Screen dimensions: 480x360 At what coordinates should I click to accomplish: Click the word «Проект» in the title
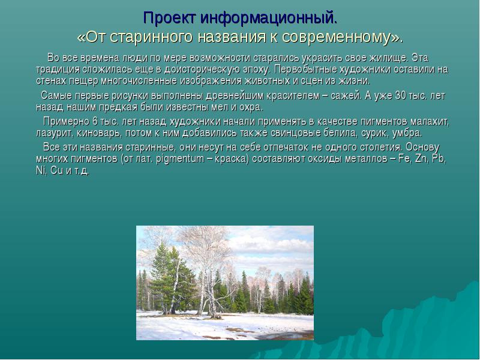tap(169, 18)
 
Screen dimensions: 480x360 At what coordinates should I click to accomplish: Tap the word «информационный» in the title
tap(266, 19)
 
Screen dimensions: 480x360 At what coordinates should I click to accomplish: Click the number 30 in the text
tap(400, 96)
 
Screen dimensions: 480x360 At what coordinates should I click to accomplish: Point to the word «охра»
tap(250, 108)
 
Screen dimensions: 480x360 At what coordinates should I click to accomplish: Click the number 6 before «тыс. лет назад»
tap(95, 122)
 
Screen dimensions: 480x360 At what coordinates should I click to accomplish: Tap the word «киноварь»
tap(98, 133)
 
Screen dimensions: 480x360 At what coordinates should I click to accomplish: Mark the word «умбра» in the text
tap(406, 133)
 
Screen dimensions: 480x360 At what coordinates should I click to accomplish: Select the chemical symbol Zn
tap(421, 159)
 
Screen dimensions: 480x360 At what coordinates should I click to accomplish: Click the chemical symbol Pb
tap(438, 159)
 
